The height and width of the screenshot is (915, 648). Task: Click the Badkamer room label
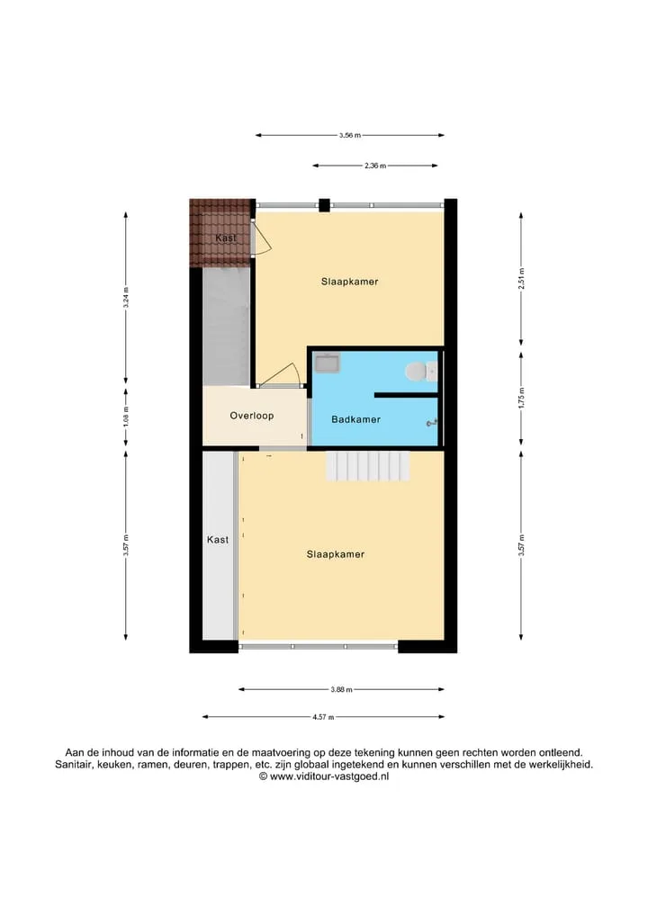point(355,419)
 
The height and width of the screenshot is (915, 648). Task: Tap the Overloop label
point(252,416)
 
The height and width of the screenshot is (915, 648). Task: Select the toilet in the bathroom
point(419,371)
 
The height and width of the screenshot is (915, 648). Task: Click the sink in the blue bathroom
point(327,363)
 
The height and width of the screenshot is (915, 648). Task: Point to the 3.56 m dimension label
point(350,135)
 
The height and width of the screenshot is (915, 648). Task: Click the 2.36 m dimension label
point(374,166)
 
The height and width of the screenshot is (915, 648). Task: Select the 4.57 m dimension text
point(323,717)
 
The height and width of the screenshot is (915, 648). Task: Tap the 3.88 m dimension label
point(341,690)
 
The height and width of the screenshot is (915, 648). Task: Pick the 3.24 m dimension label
point(125,298)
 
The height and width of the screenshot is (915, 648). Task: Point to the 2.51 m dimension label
point(521,279)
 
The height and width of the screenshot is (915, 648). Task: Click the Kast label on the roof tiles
point(225,238)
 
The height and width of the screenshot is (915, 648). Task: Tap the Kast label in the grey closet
point(218,540)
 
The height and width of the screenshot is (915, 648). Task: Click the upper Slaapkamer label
point(350,282)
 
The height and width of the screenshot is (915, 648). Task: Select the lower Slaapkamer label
point(336,554)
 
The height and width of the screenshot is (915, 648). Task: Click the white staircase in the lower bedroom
point(368,467)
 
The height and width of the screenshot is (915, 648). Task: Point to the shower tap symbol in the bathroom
point(432,423)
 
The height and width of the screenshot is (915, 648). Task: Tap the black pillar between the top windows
point(324,205)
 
